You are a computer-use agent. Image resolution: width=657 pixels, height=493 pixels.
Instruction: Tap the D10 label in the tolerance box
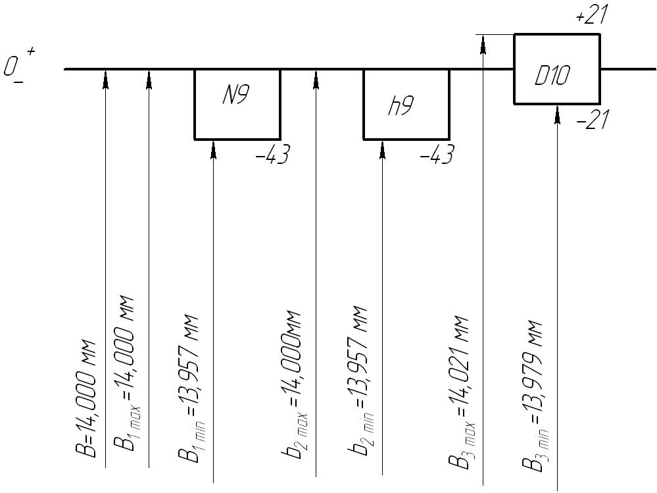(552, 76)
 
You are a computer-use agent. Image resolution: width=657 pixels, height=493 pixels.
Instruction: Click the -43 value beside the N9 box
(271, 157)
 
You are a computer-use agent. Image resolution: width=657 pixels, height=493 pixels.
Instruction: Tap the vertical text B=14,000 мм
(88, 399)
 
